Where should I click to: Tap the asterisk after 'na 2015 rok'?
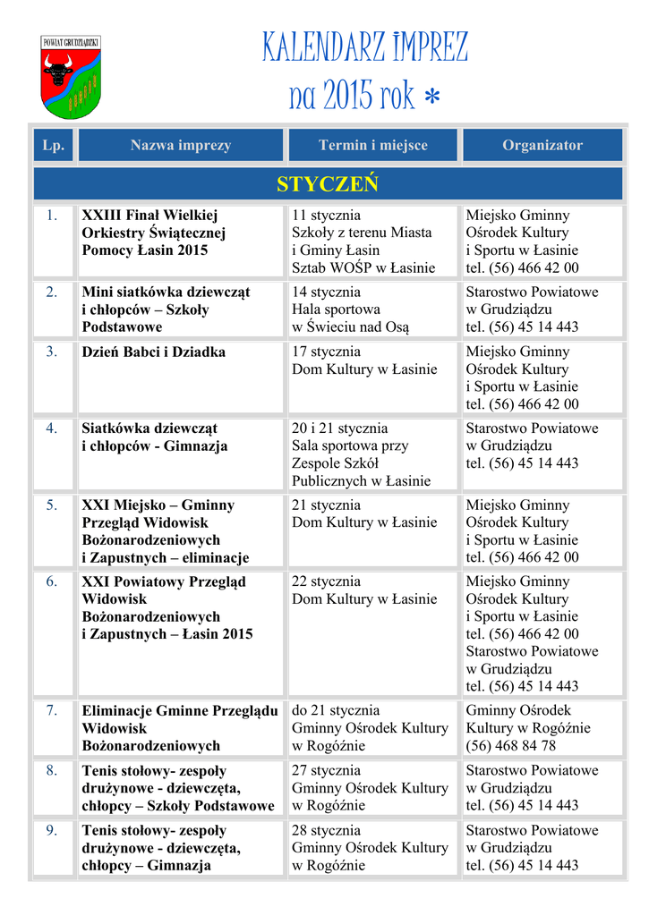432,98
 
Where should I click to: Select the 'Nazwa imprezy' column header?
181,145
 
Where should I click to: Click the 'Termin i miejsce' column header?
373,145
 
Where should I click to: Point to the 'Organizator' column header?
542,145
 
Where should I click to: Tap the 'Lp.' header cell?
54,145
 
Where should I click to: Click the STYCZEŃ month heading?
328,184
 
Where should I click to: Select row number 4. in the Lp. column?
53,428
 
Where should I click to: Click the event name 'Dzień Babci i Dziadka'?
153,352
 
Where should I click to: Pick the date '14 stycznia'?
327,292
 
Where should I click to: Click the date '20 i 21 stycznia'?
340,428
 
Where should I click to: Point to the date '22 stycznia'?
327,581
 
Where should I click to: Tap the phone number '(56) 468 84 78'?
511,745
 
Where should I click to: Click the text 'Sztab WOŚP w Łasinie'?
363,267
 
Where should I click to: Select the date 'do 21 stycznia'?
336,710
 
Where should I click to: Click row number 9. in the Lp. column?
53,830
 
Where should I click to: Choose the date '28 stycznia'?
327,830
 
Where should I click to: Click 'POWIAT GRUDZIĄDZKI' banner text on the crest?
71,43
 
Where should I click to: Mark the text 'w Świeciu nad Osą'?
350,327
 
